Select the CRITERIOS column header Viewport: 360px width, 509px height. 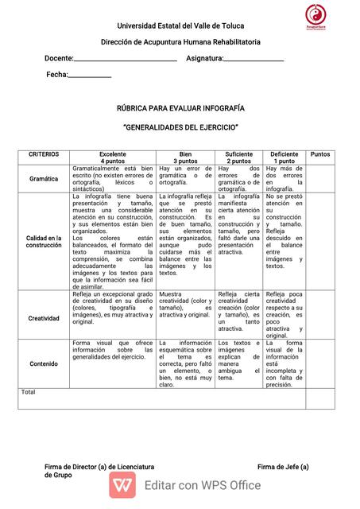pyautogui.click(x=44, y=154)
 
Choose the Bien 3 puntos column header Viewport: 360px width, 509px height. pyautogui.click(x=185, y=157)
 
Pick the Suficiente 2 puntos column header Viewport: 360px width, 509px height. pyautogui.click(x=238, y=157)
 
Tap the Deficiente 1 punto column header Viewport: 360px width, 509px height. pyautogui.click(x=284, y=157)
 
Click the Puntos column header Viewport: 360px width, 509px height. pyautogui.click(x=320, y=154)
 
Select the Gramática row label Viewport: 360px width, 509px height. pyautogui.click(x=44, y=179)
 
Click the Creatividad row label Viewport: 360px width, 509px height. pyautogui.click(x=44, y=318)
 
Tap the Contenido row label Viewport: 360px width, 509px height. pyautogui.click(x=44, y=363)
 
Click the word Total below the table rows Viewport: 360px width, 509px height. pyautogui.click(x=29, y=392)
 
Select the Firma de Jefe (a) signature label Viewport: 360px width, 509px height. pyautogui.click(x=283, y=466)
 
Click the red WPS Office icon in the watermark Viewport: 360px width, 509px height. pyautogui.click(x=122, y=484)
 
